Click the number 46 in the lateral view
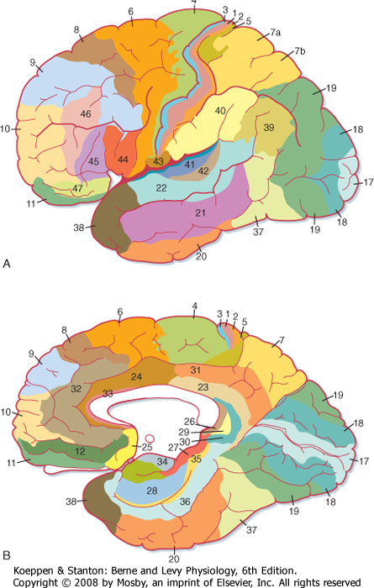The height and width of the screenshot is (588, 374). [x=86, y=113]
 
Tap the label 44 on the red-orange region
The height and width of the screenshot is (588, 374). [x=123, y=160]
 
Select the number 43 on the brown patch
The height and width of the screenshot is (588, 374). [x=158, y=161]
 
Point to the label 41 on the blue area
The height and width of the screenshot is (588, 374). [x=189, y=164]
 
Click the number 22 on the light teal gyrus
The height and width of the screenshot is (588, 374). [x=161, y=187]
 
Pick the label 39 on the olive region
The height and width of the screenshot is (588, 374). [x=269, y=128]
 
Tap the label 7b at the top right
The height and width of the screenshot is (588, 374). [x=300, y=50]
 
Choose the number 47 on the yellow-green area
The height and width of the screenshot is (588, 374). [x=77, y=188]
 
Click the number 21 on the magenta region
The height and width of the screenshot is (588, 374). [x=200, y=213]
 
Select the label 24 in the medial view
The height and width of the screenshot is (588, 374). [x=136, y=376]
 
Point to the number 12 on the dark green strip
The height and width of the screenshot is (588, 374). [x=80, y=451]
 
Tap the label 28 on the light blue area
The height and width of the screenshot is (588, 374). [x=151, y=490]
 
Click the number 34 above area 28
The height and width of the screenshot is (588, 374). [x=162, y=461]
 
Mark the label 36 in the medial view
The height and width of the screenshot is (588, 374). [x=185, y=501]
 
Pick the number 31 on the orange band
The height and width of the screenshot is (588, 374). [x=196, y=370]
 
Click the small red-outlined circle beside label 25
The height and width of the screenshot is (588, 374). [x=150, y=438]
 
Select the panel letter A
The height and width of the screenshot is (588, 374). [x=7, y=264]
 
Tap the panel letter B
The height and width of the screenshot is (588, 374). [x=7, y=555]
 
